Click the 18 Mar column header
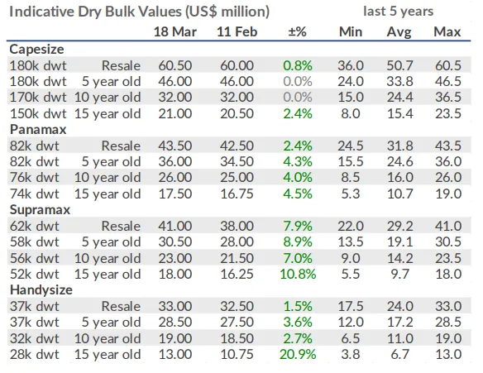point(175,31)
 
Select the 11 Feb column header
point(237,31)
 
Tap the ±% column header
point(297,31)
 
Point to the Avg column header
point(399,32)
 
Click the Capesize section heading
point(36,50)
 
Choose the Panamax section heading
point(38,129)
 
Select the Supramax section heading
point(40,210)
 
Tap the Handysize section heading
point(41,289)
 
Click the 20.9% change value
point(298,354)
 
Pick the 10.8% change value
point(298,274)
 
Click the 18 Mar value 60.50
point(175,65)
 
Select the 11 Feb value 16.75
point(237,194)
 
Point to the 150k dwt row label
point(38,113)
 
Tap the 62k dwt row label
point(34,226)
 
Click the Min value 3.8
point(351,354)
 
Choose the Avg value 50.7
point(399,65)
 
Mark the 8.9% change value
point(298,242)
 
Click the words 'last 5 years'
point(399,12)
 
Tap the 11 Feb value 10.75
point(237,354)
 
